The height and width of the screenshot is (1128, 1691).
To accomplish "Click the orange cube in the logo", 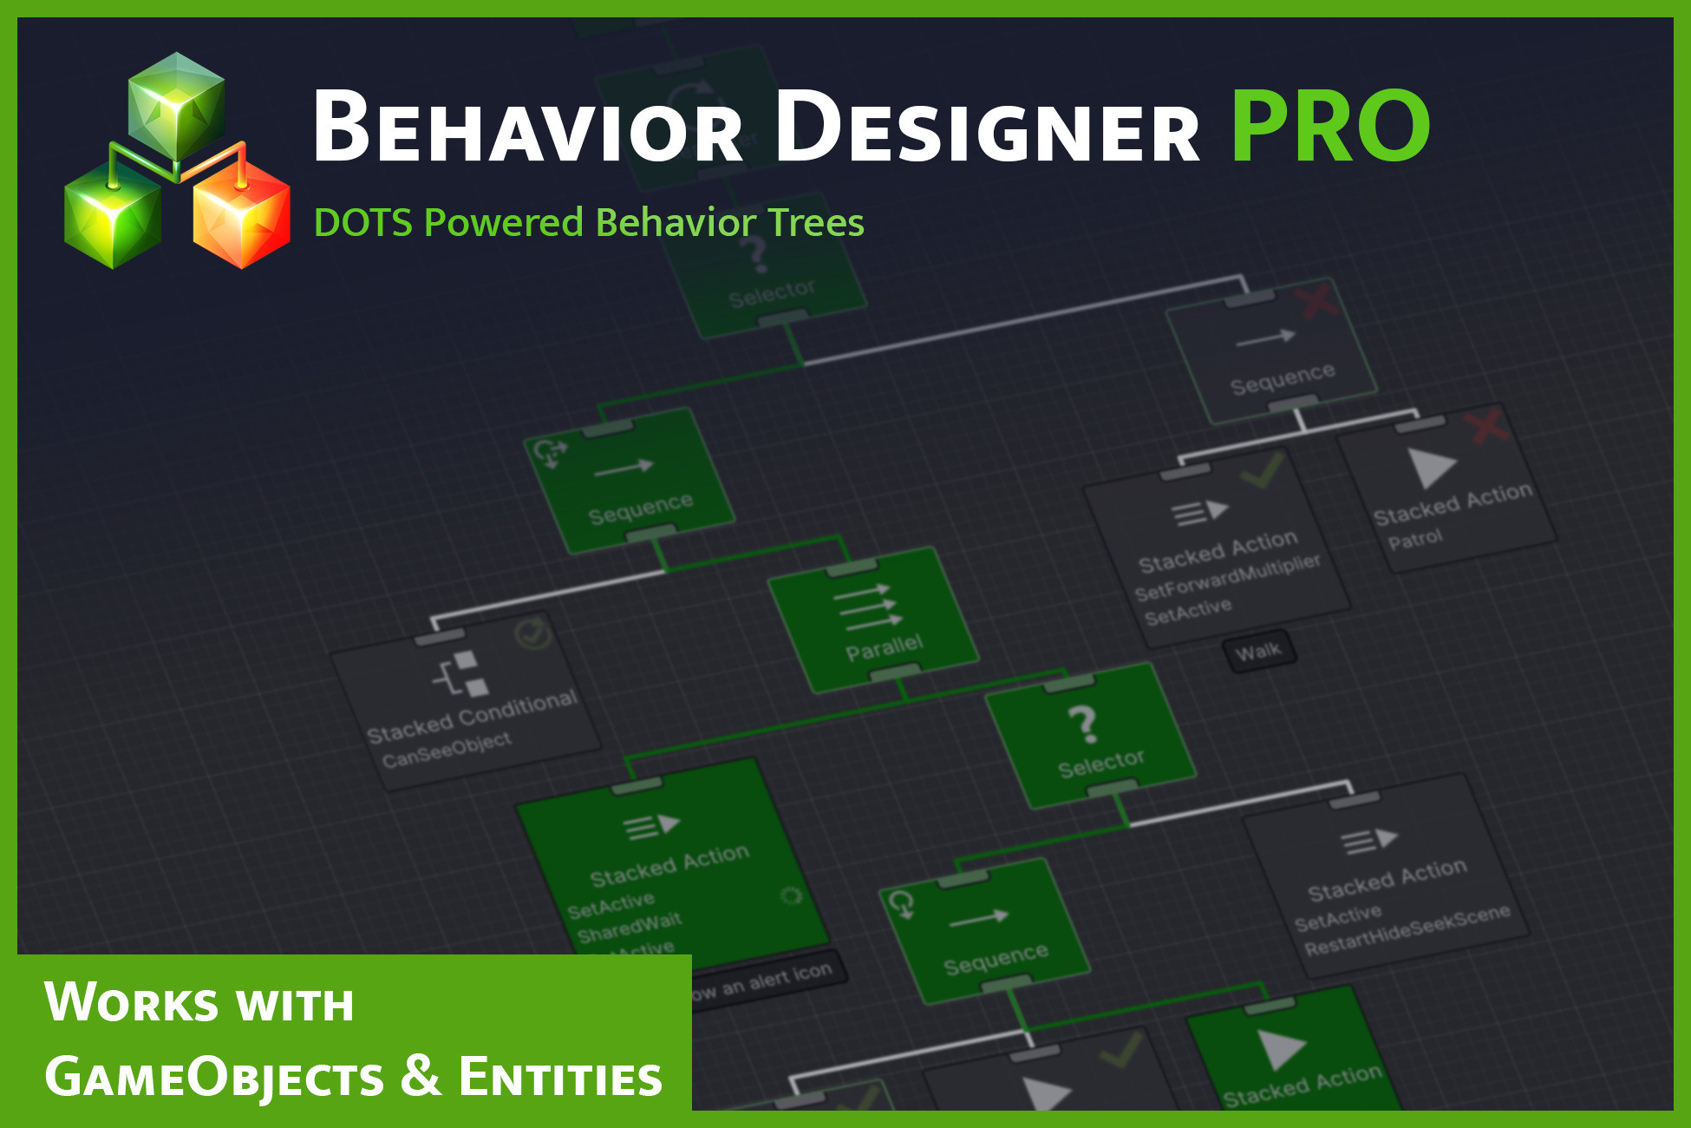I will tap(241, 217).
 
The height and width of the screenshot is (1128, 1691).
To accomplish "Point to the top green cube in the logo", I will tap(177, 104).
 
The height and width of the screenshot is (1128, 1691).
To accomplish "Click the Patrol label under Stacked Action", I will tap(1414, 540).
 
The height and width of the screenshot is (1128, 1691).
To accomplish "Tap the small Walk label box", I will tap(1259, 651).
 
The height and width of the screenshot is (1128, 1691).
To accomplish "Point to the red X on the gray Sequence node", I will tap(1318, 301).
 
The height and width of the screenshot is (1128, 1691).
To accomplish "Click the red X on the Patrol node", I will tap(1486, 426).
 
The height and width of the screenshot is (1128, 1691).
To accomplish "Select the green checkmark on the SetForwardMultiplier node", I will tap(1262, 471).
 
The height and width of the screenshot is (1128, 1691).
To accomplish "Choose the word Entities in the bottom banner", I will tap(560, 1077).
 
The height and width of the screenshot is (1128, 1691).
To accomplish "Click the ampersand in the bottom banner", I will tap(421, 1075).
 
